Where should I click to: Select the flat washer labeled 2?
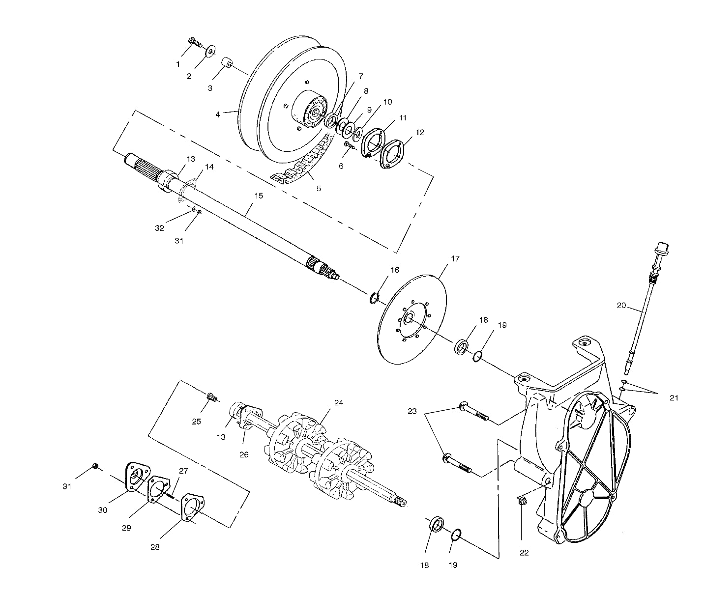211,51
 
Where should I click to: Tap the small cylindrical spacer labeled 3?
228,64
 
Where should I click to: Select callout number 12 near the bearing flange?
419,133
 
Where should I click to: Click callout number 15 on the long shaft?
259,196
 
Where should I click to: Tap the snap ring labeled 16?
375,297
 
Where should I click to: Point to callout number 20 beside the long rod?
621,306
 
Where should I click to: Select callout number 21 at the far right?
674,398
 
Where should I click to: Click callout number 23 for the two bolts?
412,411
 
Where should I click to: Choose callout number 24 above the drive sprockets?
338,402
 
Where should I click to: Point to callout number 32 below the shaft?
159,228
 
